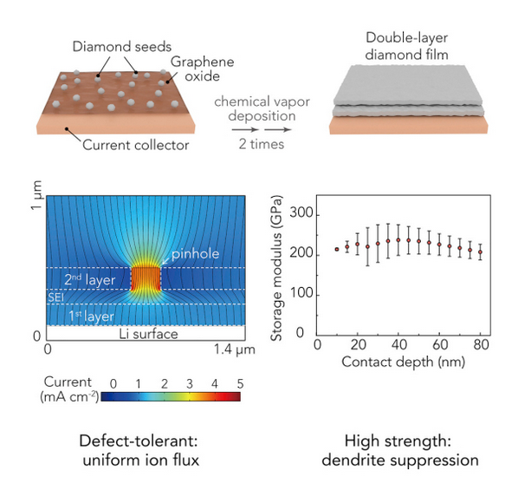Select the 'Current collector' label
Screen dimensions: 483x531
click(134, 145)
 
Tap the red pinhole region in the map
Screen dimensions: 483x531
click(146, 277)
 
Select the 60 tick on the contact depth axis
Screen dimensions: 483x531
click(439, 345)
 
